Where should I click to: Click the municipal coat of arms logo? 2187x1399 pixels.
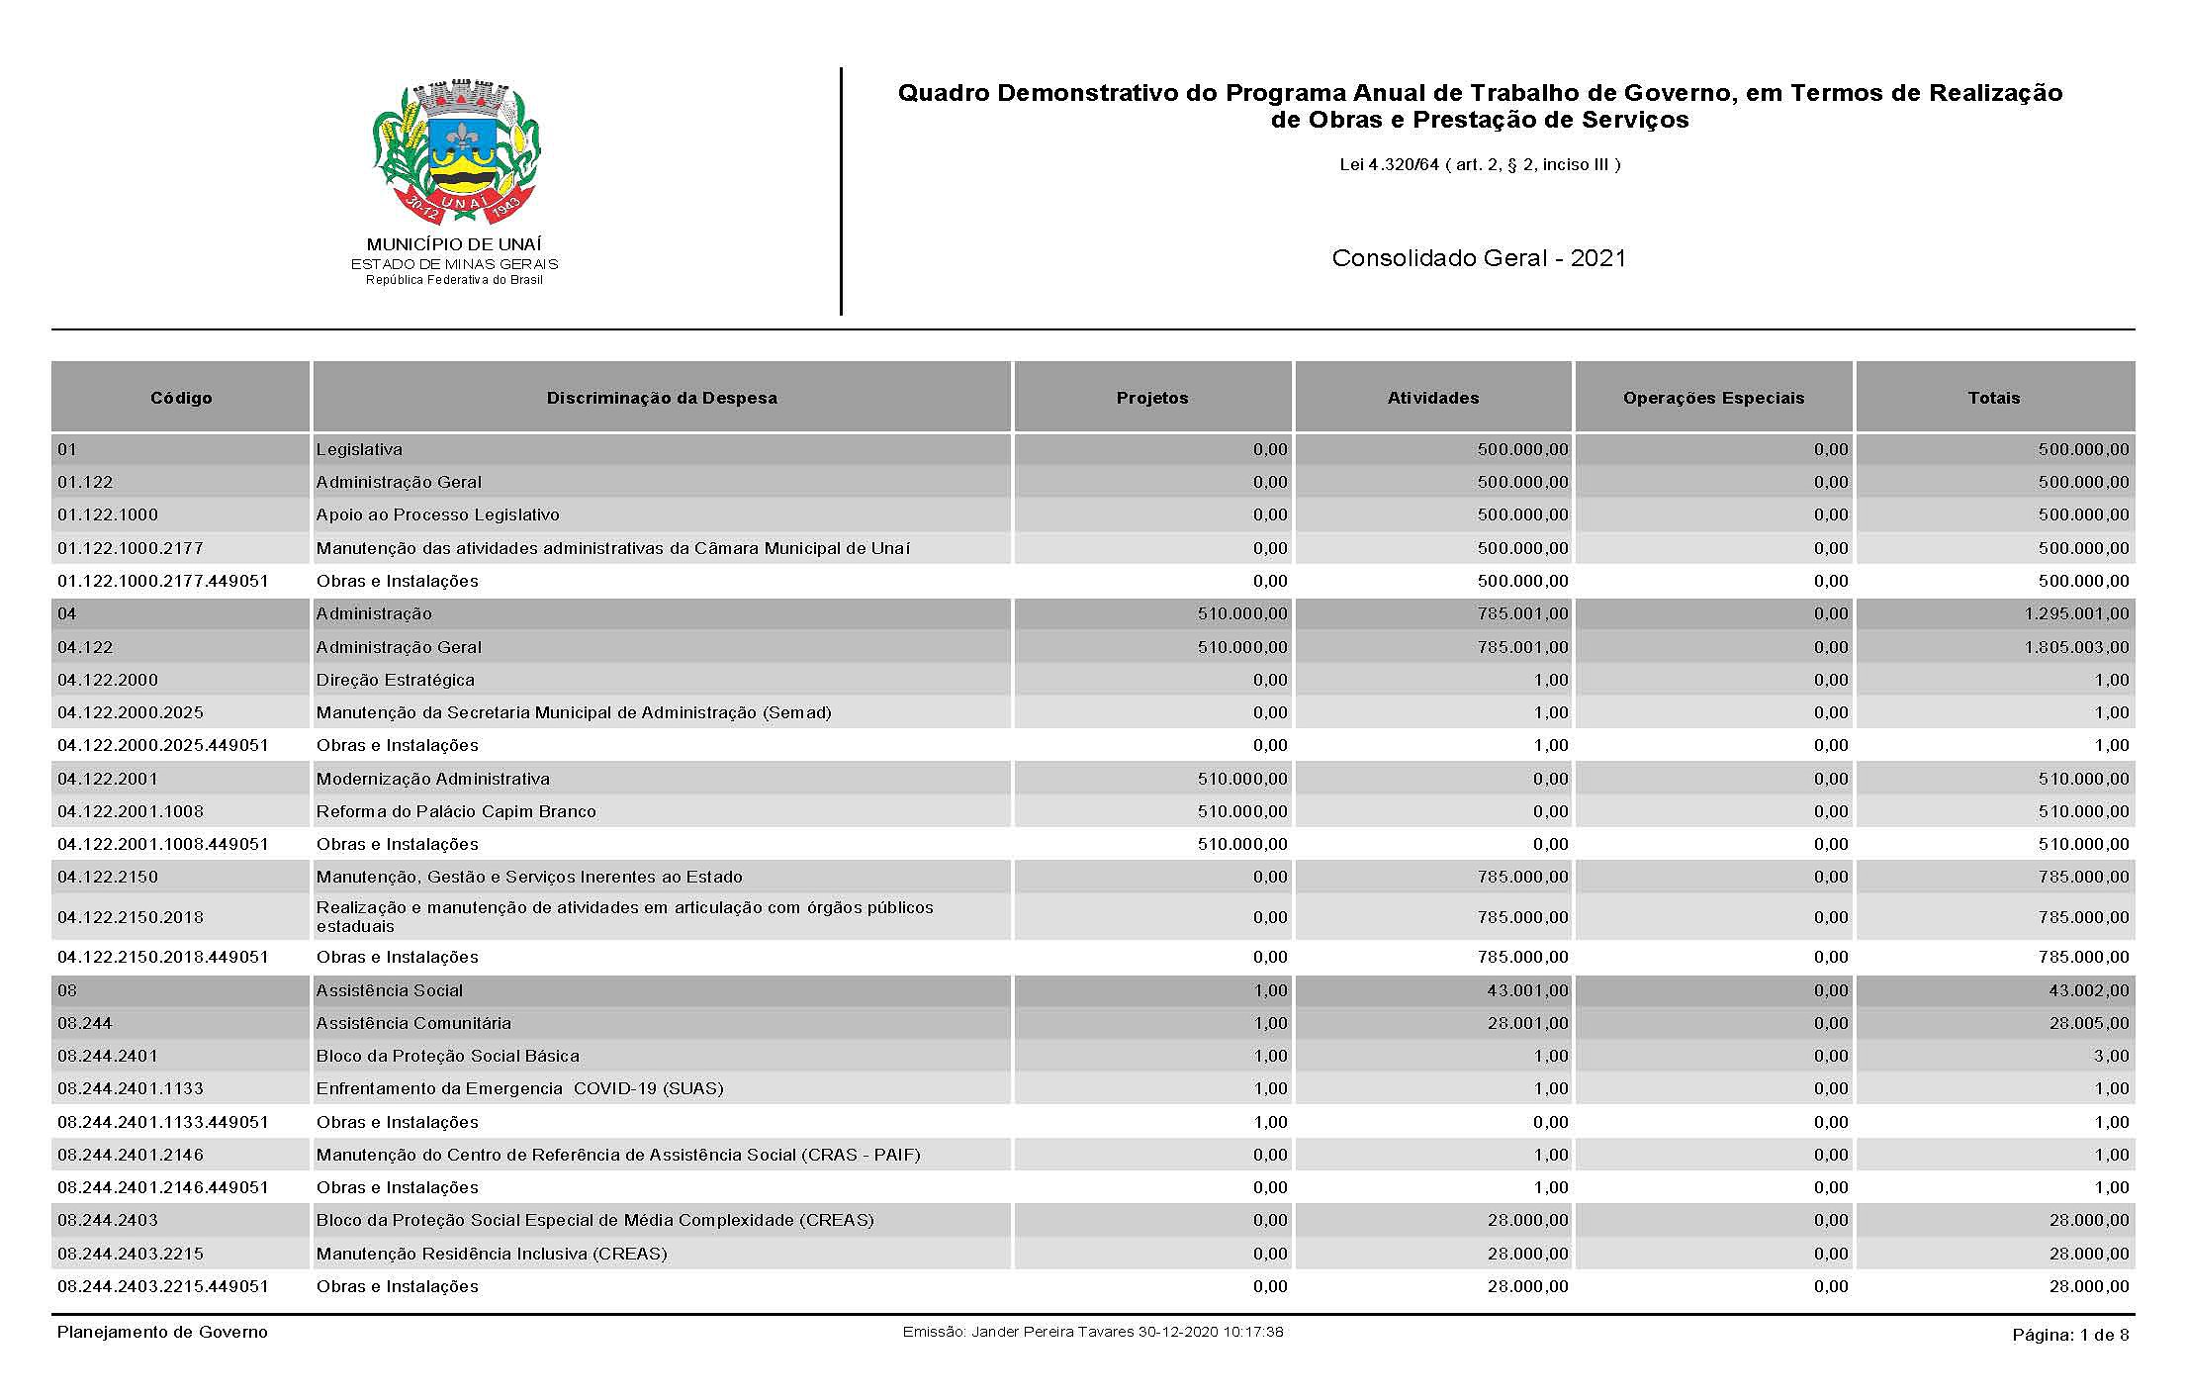click(x=455, y=152)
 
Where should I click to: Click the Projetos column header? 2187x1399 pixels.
click(x=1152, y=398)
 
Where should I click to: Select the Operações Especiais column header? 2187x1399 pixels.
click(x=1713, y=398)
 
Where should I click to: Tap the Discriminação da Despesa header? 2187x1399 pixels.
click(x=662, y=398)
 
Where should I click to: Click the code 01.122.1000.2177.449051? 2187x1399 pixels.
click(x=163, y=581)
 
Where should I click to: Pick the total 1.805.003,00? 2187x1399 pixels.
click(x=2083, y=647)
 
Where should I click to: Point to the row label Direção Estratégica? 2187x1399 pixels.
click(x=395, y=680)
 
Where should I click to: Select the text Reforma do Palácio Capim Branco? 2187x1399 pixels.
click(x=456, y=811)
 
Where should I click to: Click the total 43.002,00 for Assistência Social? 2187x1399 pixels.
click(x=2088, y=990)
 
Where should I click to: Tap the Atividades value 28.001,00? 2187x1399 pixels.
click(x=1527, y=1023)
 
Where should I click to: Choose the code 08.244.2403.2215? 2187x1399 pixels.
click(x=131, y=1254)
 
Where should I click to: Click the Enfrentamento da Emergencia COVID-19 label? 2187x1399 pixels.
click(x=519, y=1088)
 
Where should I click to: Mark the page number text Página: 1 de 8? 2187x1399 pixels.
click(x=2070, y=1336)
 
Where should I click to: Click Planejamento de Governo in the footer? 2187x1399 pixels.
click(x=162, y=1332)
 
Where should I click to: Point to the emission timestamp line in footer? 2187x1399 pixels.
click(x=1092, y=1332)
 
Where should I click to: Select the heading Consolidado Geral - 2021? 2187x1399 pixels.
click(x=1479, y=258)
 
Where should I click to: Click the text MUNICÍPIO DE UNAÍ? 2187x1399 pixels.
click(x=454, y=244)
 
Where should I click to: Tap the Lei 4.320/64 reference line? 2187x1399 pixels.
click(x=1480, y=165)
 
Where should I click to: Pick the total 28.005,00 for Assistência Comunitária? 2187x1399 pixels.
click(x=2088, y=1023)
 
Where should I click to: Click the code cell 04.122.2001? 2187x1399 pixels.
click(x=108, y=779)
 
